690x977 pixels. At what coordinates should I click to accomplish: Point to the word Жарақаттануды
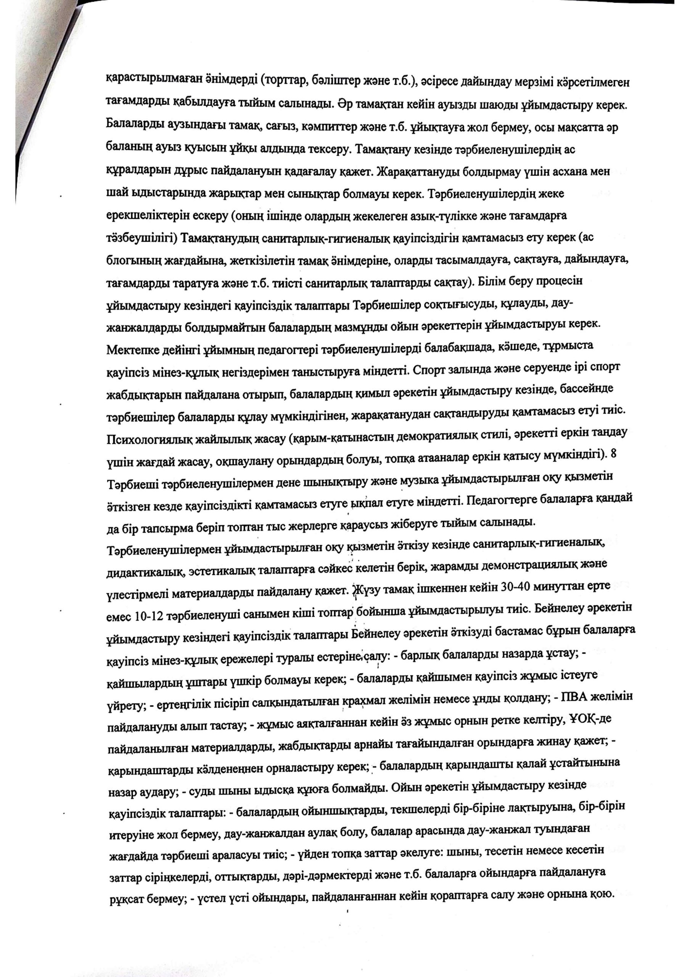point(417,171)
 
